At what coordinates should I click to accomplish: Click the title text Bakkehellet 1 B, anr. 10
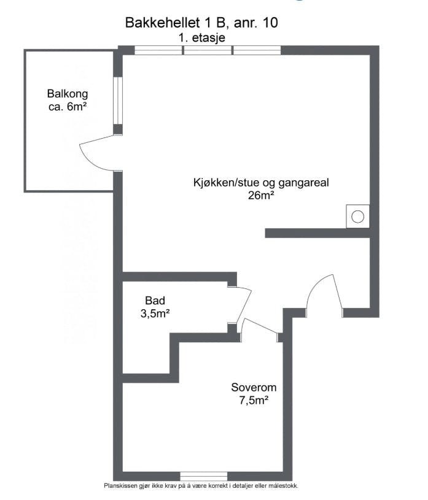pyautogui.click(x=201, y=23)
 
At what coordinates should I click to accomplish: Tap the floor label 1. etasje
pyautogui.click(x=201, y=37)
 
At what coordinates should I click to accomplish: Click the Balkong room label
pyautogui.click(x=68, y=94)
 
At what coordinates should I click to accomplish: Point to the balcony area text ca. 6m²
pyautogui.click(x=68, y=107)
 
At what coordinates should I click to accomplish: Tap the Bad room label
pyautogui.click(x=155, y=301)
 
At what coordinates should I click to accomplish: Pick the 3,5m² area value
pyautogui.click(x=155, y=313)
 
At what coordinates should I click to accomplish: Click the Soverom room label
pyautogui.click(x=254, y=388)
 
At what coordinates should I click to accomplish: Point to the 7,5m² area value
pyautogui.click(x=254, y=401)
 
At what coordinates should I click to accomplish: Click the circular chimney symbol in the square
pyautogui.click(x=357, y=216)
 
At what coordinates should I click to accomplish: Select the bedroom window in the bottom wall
pyautogui.click(x=203, y=476)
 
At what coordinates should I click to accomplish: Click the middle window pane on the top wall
pyautogui.click(x=208, y=50)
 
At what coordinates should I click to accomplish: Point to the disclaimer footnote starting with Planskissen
pyautogui.click(x=201, y=485)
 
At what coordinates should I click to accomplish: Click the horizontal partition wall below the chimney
pyautogui.click(x=317, y=233)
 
